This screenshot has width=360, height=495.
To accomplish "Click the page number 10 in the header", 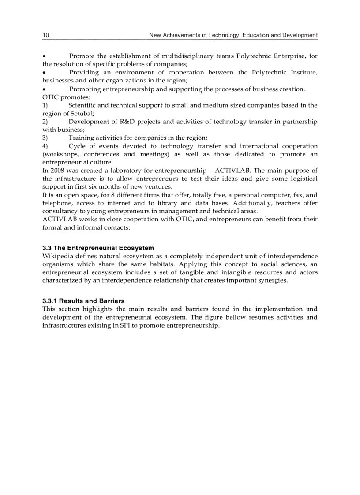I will tap(45, 35).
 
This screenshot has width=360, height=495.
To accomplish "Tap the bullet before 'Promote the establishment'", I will tap(44, 56).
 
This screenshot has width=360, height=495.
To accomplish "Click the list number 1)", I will tap(45, 105).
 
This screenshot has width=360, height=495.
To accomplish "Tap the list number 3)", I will tap(45, 138).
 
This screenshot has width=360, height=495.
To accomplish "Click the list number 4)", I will tap(45, 146).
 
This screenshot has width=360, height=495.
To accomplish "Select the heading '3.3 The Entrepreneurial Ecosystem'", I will tap(98, 248).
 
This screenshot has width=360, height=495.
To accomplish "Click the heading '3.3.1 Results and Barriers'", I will tap(83, 301).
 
